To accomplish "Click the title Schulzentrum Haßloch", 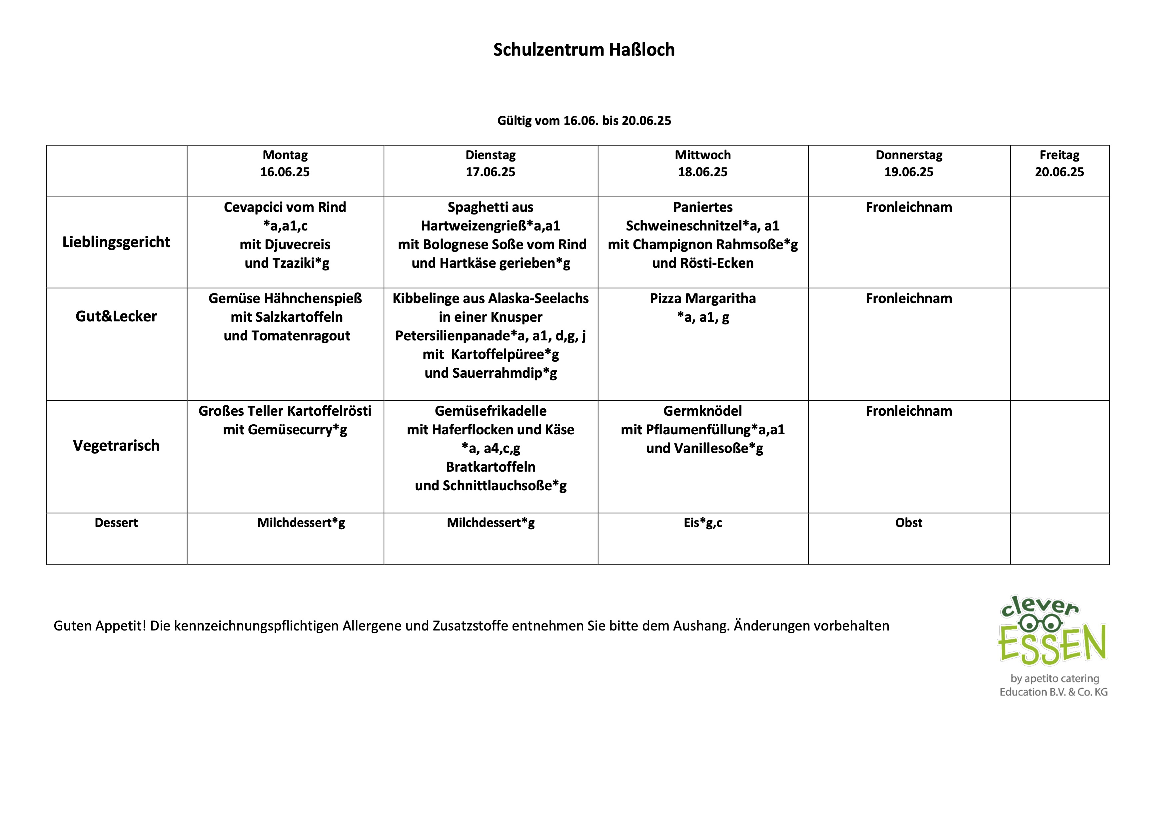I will click(584, 50).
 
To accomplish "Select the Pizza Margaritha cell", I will click(702, 307).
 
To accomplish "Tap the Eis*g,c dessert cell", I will click(702, 523).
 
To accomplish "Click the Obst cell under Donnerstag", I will click(908, 523).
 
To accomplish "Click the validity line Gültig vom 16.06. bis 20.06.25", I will click(584, 121).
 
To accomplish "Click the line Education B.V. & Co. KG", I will click(1053, 692).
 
